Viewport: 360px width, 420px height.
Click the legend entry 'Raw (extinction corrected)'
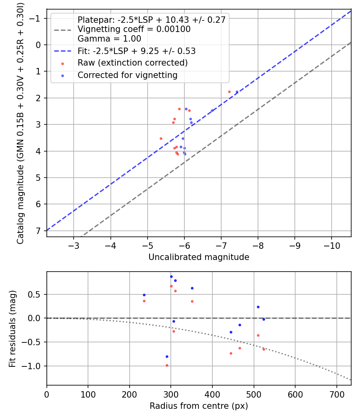[132, 63]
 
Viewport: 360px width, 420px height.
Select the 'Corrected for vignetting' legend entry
[127, 75]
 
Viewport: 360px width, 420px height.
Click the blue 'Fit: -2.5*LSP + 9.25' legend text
[136, 51]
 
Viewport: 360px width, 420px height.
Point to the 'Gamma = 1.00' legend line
[109, 39]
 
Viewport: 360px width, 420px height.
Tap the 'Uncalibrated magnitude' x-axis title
[199, 257]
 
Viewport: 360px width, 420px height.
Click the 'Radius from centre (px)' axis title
[199, 406]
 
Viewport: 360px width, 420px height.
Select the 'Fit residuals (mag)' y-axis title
[12, 328]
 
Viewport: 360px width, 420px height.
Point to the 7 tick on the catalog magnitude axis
[38, 231]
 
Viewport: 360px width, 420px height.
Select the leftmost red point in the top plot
[161, 138]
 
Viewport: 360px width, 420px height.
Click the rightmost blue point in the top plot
[237, 92]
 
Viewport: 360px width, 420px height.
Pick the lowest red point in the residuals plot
[167, 365]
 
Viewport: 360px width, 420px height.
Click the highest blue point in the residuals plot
[171, 276]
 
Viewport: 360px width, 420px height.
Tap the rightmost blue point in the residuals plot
[264, 319]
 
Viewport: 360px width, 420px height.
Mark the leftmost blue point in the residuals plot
[144, 295]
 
